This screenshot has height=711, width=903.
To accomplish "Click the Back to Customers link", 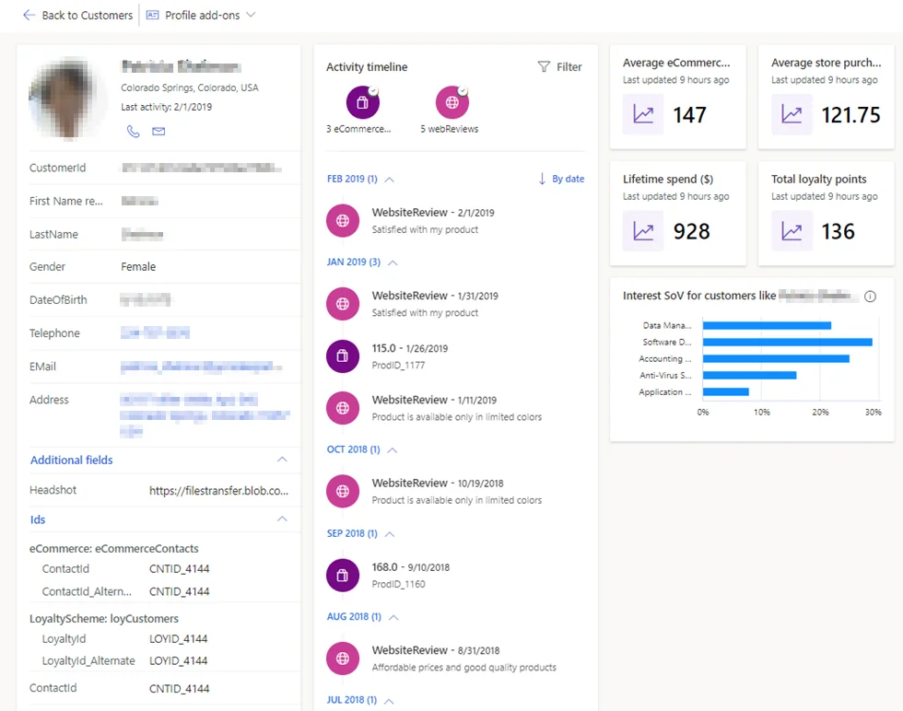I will click(77, 16).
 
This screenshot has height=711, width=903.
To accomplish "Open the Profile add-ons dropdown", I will click(201, 16).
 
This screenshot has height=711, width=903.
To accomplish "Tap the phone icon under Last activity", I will click(133, 132).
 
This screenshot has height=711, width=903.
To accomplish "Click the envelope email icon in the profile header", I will click(158, 132).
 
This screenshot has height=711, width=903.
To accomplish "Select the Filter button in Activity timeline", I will click(559, 67).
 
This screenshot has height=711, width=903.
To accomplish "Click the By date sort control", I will click(561, 179).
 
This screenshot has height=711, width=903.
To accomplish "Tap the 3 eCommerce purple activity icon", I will click(363, 101).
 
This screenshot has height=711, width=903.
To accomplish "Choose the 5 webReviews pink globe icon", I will click(451, 101).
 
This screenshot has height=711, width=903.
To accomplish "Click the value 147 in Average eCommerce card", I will click(689, 115).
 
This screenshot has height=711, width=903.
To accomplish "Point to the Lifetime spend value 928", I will click(691, 231).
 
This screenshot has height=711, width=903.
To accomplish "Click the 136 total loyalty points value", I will click(838, 231).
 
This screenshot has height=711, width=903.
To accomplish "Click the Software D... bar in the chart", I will click(786, 343).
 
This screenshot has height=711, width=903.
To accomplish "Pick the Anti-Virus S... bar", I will click(749, 376).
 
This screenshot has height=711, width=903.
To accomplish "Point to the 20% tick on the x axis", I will click(820, 412).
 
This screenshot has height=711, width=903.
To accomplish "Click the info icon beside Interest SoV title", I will click(870, 297).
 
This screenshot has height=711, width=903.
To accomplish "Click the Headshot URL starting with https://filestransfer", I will click(219, 491).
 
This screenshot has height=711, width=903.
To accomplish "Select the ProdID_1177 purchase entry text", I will click(398, 366).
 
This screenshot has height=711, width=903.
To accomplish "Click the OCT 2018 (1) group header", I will click(353, 450).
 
